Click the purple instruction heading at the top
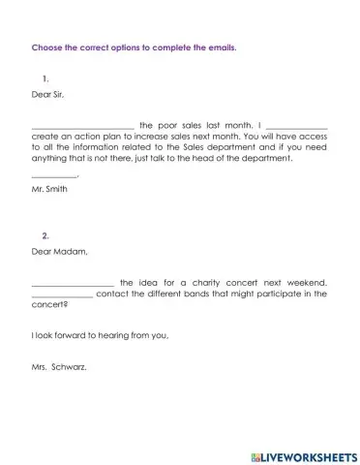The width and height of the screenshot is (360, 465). click(134, 46)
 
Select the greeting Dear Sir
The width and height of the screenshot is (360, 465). click(50, 95)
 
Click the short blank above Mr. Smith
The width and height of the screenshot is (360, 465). click(54, 175)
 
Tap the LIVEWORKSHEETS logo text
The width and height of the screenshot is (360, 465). click(307, 454)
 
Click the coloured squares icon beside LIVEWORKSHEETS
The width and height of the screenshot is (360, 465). click(255, 454)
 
